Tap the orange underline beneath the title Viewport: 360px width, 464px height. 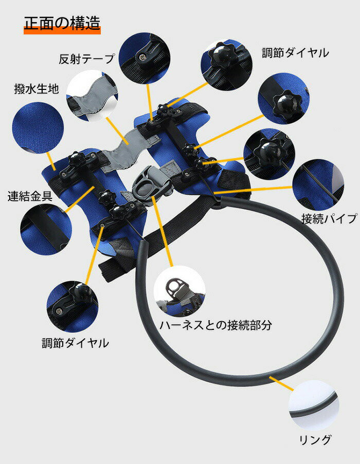[x=62, y=30]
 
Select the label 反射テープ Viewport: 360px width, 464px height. [x=86, y=59]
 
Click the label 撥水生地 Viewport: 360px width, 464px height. [x=37, y=88]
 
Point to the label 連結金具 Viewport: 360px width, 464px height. [x=30, y=196]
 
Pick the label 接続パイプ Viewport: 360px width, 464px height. [x=329, y=219]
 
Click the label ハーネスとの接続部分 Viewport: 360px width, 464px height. [x=216, y=325]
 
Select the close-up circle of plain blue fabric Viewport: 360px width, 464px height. [x=38, y=128]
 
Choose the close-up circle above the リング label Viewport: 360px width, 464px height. [x=314, y=405]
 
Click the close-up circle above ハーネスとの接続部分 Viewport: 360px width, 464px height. [x=179, y=291]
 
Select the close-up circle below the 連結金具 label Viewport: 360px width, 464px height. [x=46, y=230]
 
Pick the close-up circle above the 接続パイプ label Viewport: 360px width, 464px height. [x=318, y=185]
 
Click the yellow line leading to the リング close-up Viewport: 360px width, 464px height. [x=281, y=384]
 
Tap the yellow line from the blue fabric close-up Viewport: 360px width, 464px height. [x=51, y=161]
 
